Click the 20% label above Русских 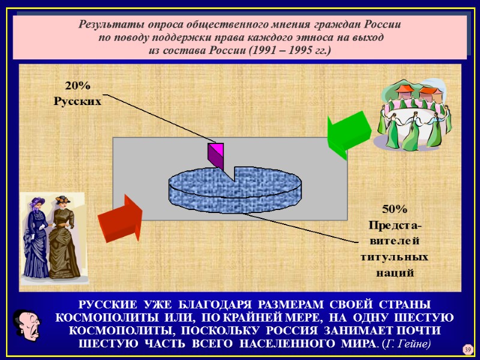pos(78,86)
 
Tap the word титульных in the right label pos(394,257)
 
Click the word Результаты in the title pos(107,25)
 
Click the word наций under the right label pos(394,272)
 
